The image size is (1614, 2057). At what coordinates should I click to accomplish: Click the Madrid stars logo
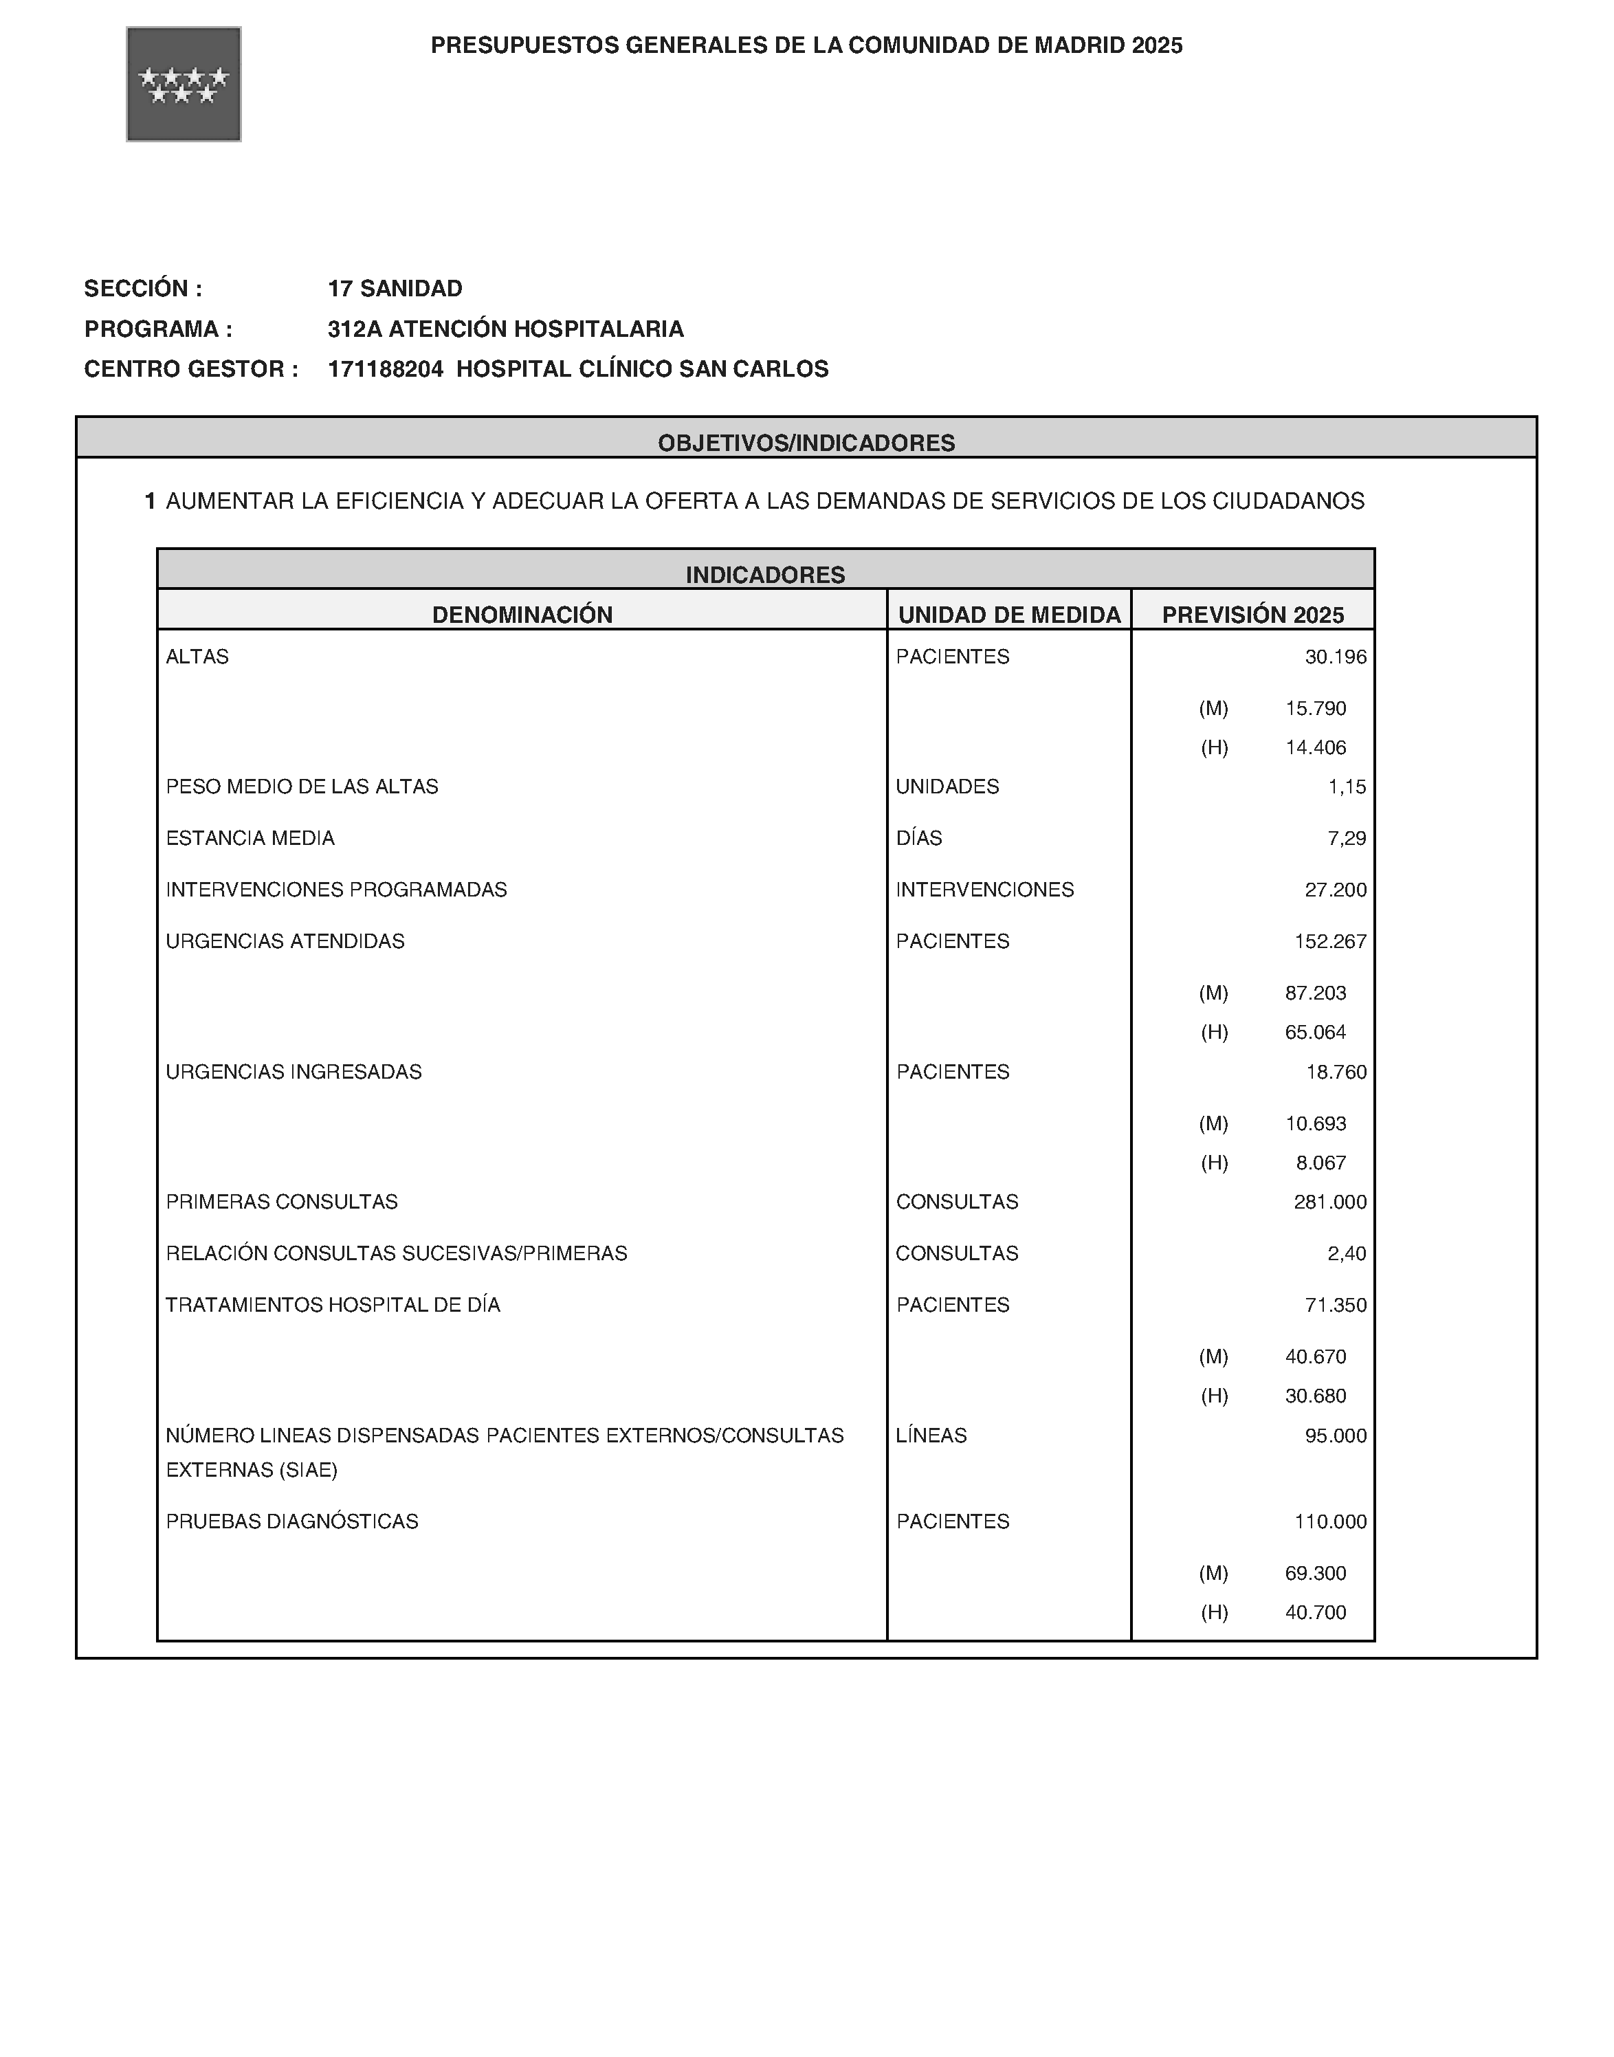click(184, 84)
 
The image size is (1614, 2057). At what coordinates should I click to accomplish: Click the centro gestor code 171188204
click(385, 369)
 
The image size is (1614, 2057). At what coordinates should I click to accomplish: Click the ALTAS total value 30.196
click(1335, 657)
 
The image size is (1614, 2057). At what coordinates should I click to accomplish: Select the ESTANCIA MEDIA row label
click(250, 838)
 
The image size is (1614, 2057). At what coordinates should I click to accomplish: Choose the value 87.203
click(1316, 993)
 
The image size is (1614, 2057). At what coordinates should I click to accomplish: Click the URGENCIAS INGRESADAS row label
click(294, 1072)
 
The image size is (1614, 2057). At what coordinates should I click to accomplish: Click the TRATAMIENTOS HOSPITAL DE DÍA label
click(333, 1305)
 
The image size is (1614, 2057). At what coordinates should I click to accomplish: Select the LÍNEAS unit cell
click(931, 1435)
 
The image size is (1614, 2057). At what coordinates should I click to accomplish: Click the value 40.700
click(1316, 1612)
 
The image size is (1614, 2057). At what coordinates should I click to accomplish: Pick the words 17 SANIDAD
click(395, 288)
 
